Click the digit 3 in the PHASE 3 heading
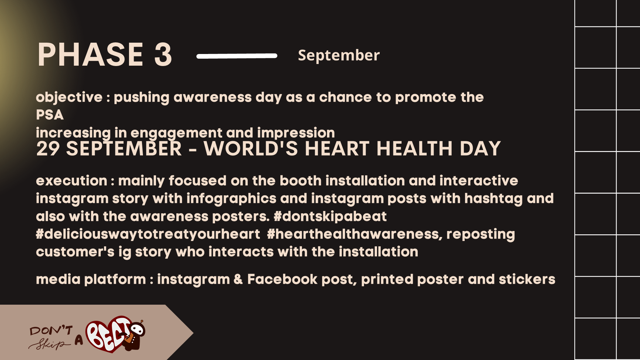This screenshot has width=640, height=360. [x=163, y=55]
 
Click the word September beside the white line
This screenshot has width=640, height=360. [x=339, y=55]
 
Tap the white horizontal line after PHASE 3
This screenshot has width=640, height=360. [x=237, y=56]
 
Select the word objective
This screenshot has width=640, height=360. [x=69, y=97]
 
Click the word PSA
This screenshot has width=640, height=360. [x=50, y=115]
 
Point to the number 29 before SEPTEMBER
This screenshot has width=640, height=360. [x=48, y=149]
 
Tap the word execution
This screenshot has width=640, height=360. [x=71, y=181]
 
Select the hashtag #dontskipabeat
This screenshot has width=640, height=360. [x=330, y=217]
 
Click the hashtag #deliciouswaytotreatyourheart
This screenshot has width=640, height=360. [x=148, y=234]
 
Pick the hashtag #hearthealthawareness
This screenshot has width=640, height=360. [x=353, y=234]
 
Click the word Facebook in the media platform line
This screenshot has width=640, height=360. [x=282, y=279]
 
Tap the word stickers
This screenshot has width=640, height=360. [x=527, y=279]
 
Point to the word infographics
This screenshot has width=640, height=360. [x=231, y=199]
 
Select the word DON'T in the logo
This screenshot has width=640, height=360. [x=51, y=331]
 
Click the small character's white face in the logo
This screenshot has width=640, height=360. [x=137, y=330]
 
